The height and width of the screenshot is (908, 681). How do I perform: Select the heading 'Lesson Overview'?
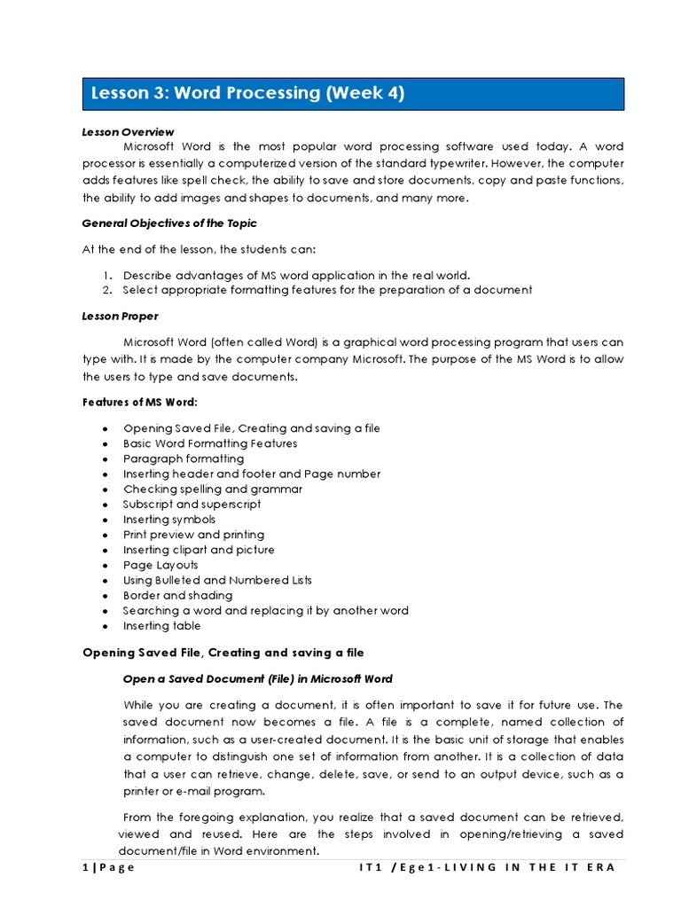tap(128, 132)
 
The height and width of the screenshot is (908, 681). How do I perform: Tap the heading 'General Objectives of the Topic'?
tap(169, 223)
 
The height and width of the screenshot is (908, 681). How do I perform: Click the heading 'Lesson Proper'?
tap(120, 316)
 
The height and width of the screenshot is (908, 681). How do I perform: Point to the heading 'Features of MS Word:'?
tap(140, 402)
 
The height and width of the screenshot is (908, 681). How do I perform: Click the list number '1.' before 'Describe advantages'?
tap(106, 275)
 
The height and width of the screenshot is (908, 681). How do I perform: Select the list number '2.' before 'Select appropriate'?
tap(106, 290)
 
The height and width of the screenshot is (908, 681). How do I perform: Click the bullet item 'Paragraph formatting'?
tap(184, 458)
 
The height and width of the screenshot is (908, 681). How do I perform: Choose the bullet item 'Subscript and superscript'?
tap(192, 504)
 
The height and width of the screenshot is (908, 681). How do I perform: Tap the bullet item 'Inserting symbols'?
tap(169, 519)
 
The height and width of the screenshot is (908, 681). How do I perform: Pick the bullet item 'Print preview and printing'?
tap(193, 535)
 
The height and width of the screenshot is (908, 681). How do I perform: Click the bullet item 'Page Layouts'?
tap(160, 565)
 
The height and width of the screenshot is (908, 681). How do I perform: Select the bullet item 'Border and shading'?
tap(177, 595)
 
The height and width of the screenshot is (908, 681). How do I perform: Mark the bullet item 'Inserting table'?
tap(158, 625)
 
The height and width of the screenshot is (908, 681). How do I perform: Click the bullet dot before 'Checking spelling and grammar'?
tap(105, 489)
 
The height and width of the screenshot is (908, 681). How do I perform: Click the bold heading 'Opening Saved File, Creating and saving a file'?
tap(223, 654)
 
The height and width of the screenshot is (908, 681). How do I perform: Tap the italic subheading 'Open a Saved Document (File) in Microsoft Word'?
tap(258, 679)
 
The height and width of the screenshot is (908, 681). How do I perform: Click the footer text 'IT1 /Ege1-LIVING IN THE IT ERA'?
tap(482, 867)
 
